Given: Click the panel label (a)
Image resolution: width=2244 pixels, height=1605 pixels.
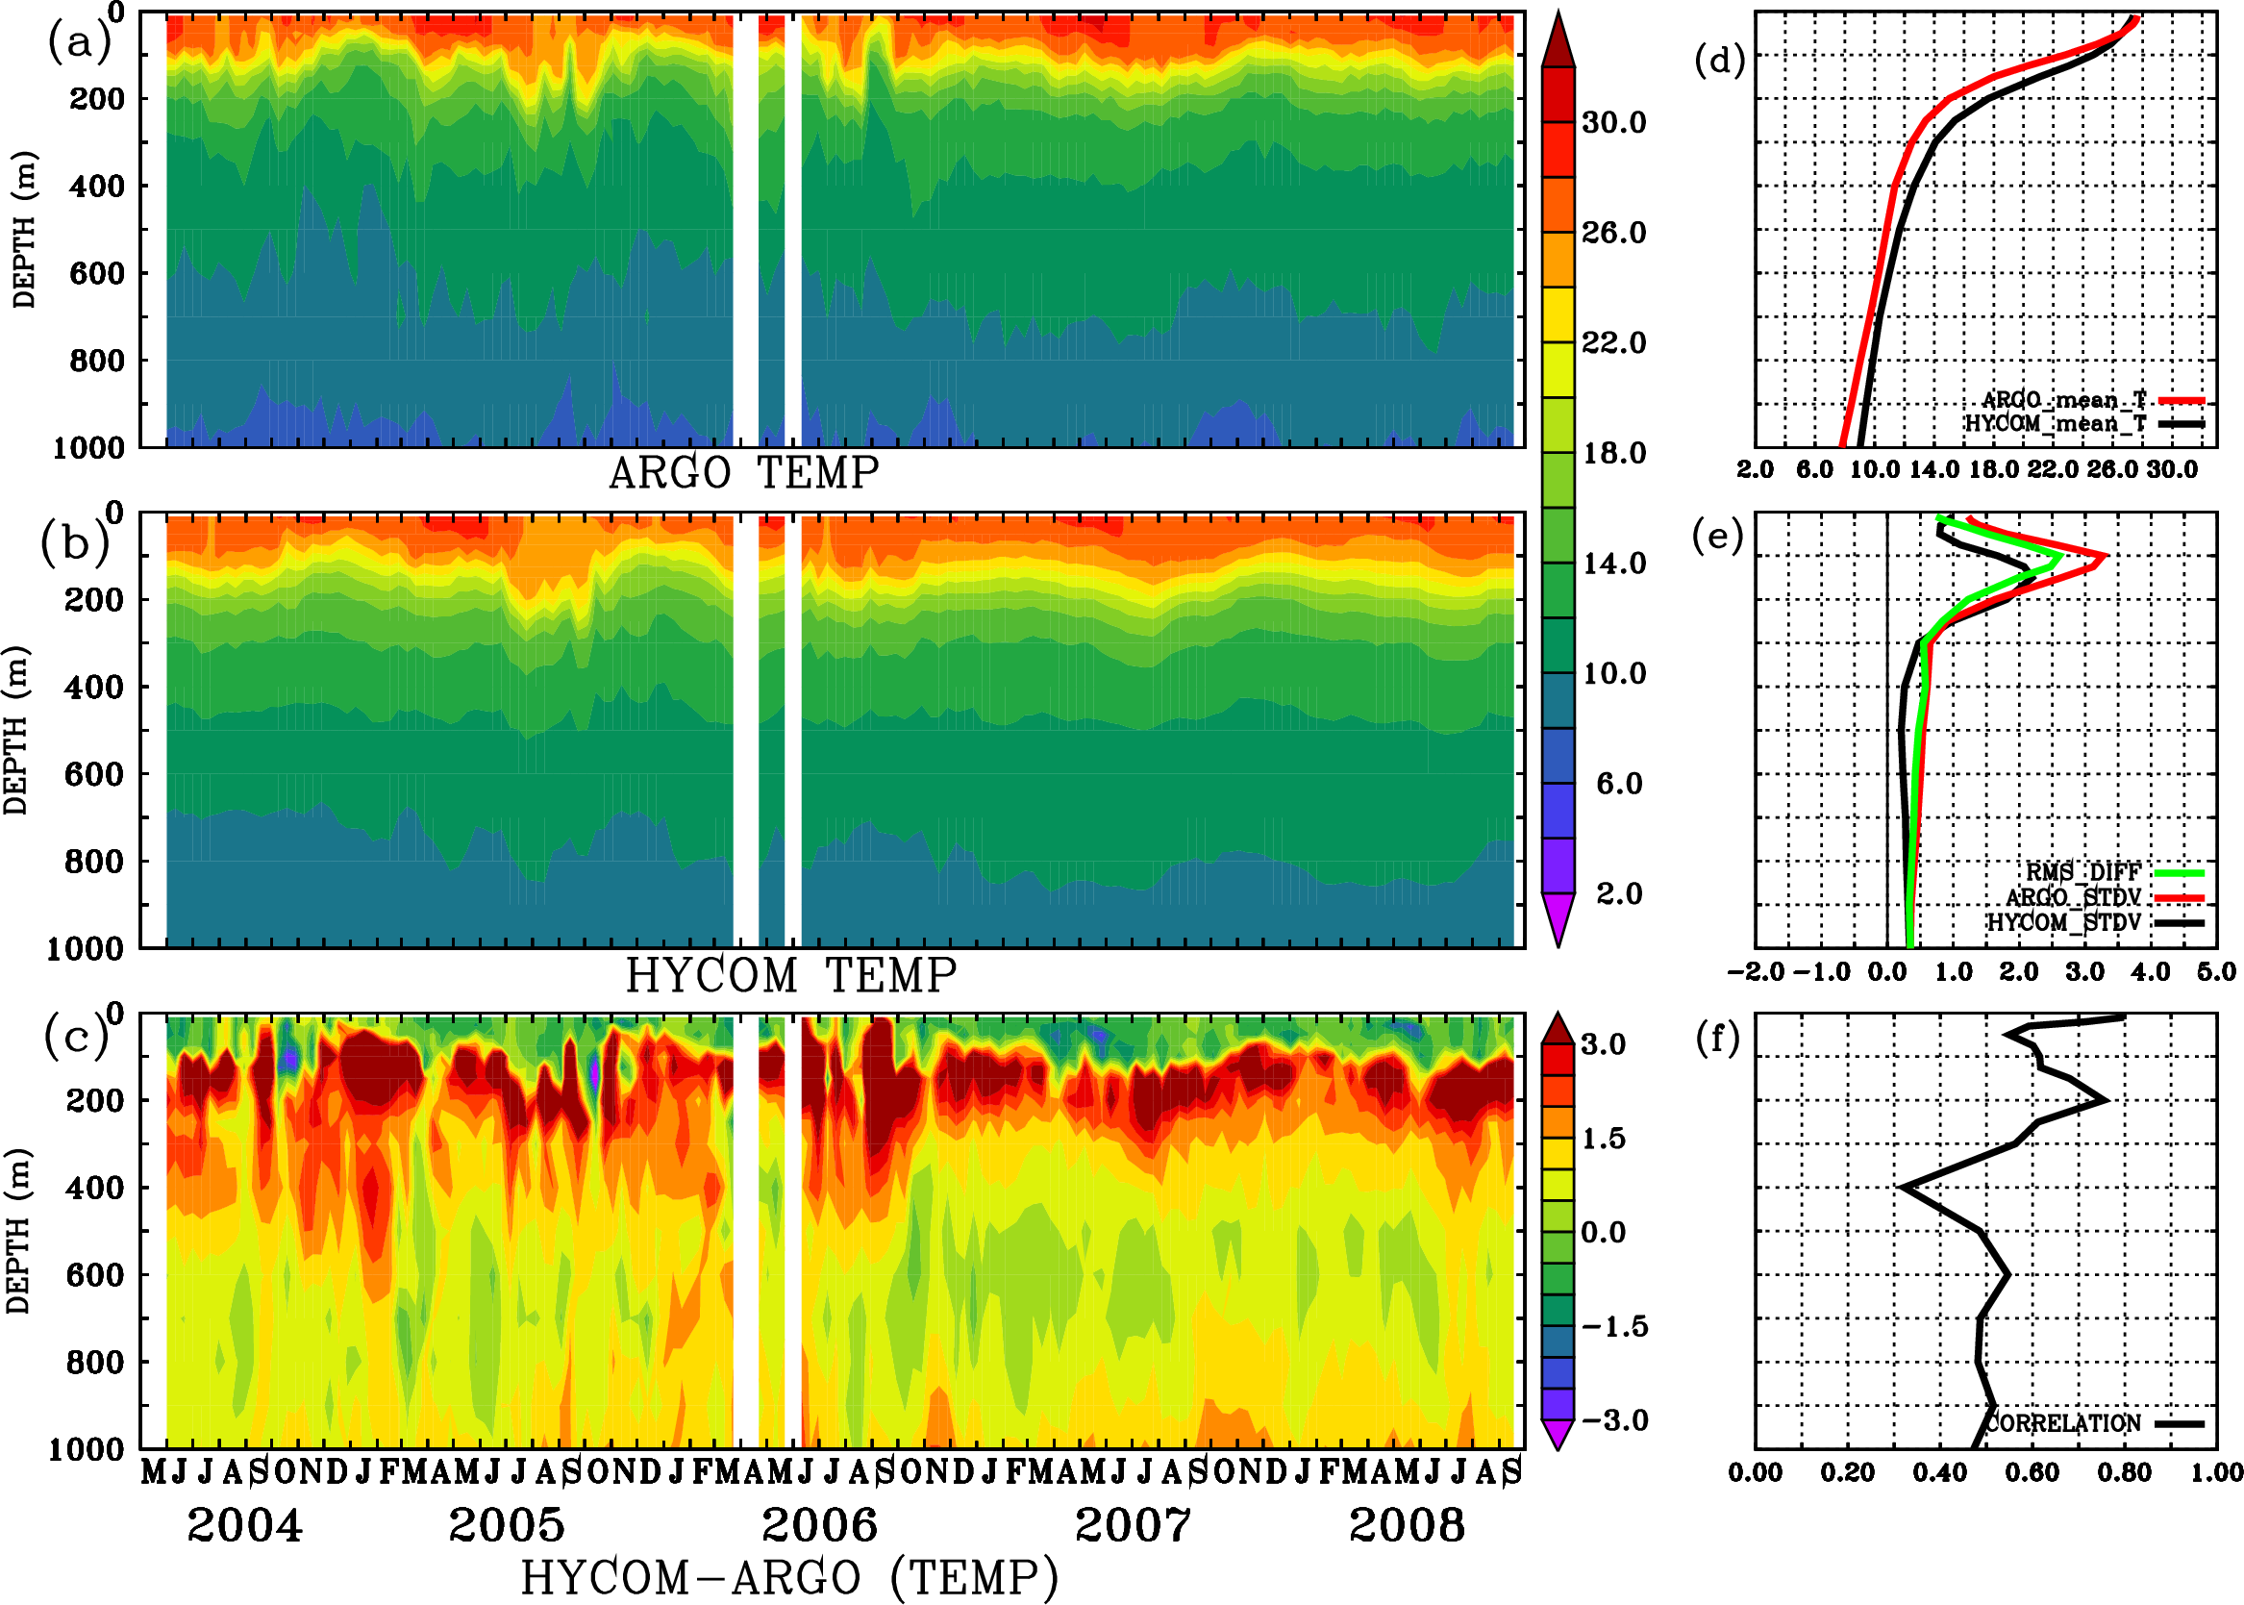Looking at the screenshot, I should pos(78,42).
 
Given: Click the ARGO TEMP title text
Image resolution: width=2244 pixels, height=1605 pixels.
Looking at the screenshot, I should pos(743,473).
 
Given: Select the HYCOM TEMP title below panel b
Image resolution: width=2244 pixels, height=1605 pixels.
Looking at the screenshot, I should pos(791,975).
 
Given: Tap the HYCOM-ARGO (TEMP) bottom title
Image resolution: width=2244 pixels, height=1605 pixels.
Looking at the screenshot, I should pos(789,1577).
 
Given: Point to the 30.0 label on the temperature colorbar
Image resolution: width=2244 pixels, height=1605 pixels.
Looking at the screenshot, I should pos(1613,122).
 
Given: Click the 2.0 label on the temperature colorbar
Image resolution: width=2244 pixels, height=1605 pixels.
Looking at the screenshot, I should pos(1618,893).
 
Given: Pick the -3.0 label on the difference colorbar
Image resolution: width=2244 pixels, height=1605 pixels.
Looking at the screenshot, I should pos(1613,1420).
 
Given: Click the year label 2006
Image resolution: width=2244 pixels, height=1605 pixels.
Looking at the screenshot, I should pos(819,1526).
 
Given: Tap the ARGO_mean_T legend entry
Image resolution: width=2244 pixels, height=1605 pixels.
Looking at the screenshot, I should pos(2064,400).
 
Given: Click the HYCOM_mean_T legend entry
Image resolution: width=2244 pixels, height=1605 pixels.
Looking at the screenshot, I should pos(2056,424).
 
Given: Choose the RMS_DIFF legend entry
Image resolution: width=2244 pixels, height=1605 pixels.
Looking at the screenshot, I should pos(2082,872).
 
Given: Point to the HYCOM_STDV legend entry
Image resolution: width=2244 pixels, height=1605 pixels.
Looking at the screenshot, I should pos(2063,922).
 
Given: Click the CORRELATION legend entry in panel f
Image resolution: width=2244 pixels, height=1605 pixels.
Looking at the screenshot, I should pos(2063,1423).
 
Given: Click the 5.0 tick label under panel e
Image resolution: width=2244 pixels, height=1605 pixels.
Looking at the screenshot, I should pos(2216,972).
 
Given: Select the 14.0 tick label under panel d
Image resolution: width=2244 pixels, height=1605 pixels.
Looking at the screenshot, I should pos(1933,469).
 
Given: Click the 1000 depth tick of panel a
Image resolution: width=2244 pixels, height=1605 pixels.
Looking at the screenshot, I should pos(88,448).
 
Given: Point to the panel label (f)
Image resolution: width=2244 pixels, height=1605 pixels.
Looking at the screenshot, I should pos(1717,1038).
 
